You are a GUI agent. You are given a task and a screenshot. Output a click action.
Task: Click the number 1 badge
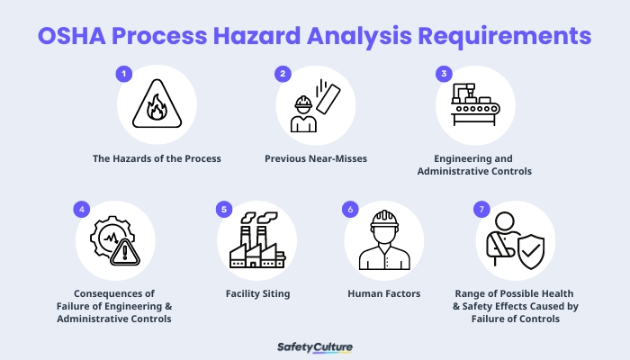point(125,74)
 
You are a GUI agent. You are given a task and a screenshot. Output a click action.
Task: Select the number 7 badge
point(481,210)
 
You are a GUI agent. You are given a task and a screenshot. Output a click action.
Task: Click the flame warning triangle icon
point(157,106)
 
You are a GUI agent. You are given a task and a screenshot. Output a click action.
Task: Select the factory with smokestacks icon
point(256,242)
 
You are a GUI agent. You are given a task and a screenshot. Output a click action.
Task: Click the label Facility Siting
point(256,293)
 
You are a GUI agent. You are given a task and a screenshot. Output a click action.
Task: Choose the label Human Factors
point(384,293)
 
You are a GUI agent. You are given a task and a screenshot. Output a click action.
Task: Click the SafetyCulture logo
point(314,346)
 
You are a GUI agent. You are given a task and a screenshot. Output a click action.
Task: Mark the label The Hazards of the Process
point(157,158)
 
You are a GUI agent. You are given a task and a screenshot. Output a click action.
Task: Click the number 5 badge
point(225,210)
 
